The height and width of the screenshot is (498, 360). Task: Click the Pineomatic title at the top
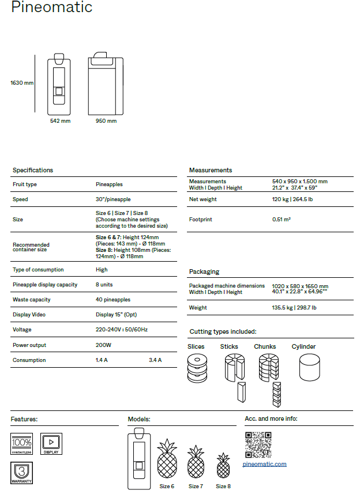coord(51,8)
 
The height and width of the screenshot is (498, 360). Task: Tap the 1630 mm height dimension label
coord(22,83)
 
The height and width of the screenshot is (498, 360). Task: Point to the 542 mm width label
coord(60,121)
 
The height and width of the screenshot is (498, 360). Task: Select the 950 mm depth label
coord(106,121)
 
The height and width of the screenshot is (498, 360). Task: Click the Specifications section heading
coord(33,170)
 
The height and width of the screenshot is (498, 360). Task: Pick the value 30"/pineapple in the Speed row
coord(113,199)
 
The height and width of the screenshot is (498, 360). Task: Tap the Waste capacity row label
coord(32,300)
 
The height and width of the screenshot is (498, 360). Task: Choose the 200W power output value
coord(103,345)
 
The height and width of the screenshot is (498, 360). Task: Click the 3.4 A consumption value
coord(155,360)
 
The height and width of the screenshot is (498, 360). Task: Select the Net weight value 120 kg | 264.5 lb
coord(292,199)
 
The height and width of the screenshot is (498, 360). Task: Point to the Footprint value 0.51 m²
coord(282,220)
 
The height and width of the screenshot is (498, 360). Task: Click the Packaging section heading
coord(204,271)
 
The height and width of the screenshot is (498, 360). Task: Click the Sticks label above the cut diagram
coord(229,346)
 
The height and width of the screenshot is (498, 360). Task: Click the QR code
coord(258,444)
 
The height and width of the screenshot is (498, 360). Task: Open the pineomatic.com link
coord(264,464)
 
